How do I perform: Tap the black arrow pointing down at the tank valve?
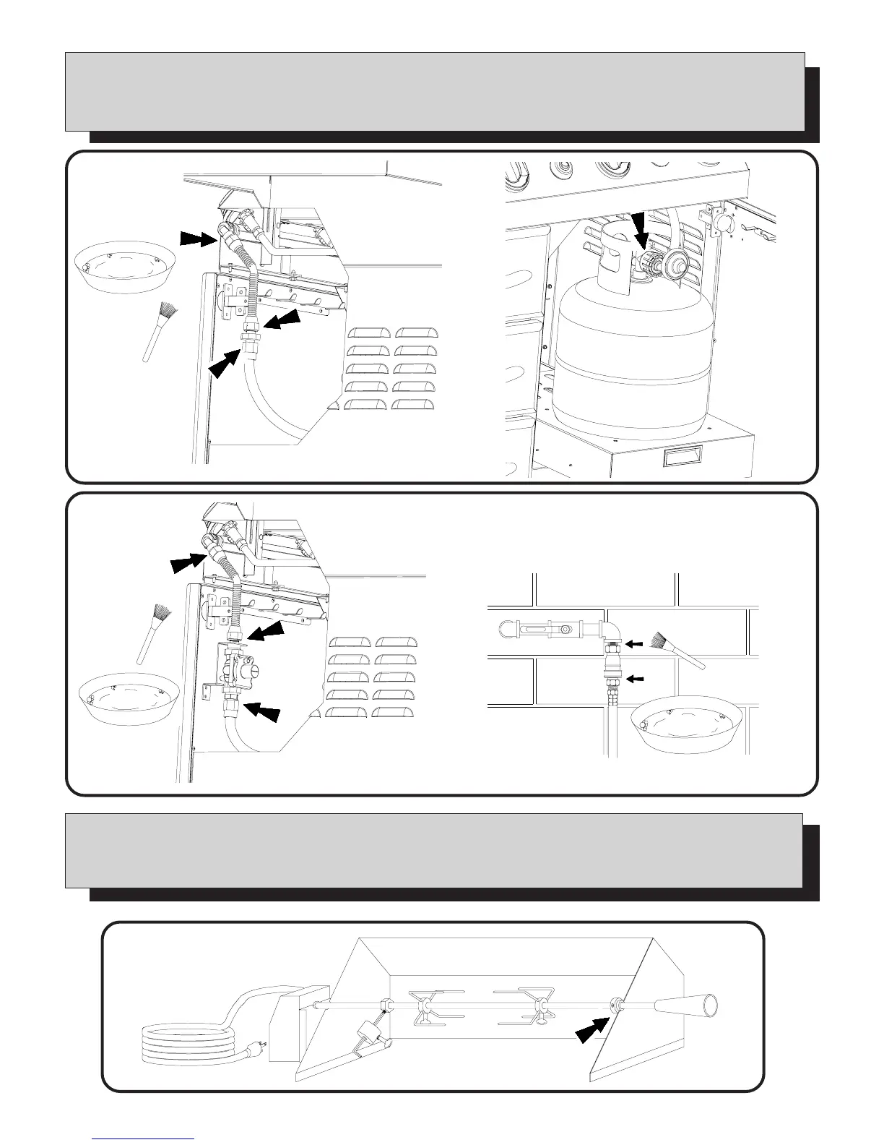pos(638,230)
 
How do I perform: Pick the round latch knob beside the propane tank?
pos(721,222)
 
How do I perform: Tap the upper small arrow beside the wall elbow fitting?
pos(634,643)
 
